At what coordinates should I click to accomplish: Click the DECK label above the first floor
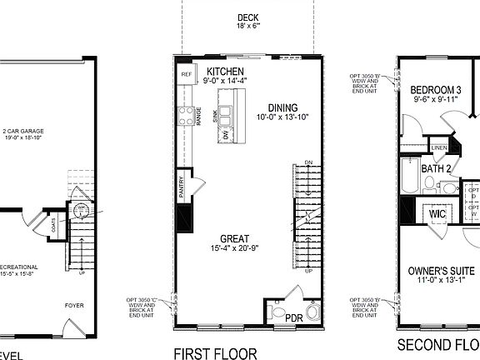click(x=247, y=17)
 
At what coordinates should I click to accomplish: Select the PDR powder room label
click(x=293, y=318)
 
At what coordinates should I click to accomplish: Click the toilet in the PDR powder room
click(x=312, y=313)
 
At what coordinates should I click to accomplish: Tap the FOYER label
click(x=75, y=306)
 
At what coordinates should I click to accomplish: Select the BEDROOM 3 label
click(x=437, y=90)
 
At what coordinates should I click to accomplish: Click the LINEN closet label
click(x=440, y=148)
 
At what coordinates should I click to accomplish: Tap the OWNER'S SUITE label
click(x=441, y=272)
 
